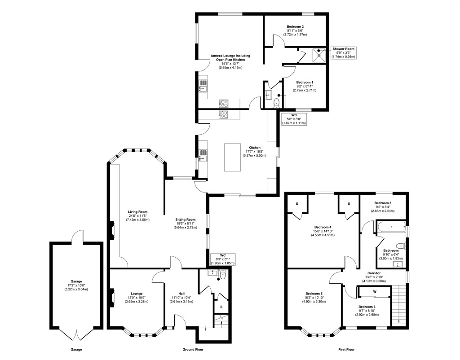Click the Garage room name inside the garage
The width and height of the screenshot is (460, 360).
click(76, 281)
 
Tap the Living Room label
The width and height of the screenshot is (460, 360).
click(137, 212)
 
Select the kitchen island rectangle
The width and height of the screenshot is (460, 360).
click(233, 157)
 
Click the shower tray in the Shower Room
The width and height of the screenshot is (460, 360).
click(319, 55)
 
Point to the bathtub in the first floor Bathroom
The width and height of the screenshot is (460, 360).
click(391, 227)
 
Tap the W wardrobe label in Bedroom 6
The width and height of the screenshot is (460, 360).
click(375, 292)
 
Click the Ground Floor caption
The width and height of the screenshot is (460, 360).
click(193, 349)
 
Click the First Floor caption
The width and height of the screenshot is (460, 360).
click(346, 349)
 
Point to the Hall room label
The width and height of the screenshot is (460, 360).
click(181, 294)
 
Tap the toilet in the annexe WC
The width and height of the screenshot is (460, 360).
click(276, 103)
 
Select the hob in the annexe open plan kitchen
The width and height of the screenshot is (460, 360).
click(224, 104)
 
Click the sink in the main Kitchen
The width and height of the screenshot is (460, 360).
click(203, 155)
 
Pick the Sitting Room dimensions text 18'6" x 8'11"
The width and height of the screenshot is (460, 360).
click(186, 224)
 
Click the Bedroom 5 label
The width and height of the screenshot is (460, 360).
click(314, 294)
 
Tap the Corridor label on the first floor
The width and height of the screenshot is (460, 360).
click(374, 273)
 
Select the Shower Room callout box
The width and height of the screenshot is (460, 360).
click(343, 53)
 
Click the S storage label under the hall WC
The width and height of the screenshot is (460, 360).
click(221, 307)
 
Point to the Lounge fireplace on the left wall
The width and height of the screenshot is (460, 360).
click(112, 298)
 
